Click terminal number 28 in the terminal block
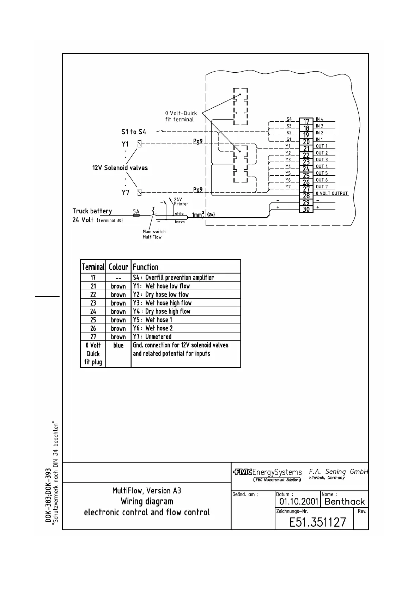(306, 196)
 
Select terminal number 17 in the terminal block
(306, 122)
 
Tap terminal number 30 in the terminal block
(306, 209)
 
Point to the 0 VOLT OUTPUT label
(331, 194)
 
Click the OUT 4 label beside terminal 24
(322, 166)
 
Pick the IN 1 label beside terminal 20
(319, 140)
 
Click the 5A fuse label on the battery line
(136, 212)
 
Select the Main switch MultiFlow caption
(154, 234)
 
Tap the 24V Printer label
(181, 202)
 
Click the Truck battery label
(92, 211)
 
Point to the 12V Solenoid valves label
(120, 168)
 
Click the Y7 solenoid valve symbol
(140, 193)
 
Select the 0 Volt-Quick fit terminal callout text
(181, 116)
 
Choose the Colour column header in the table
(118, 267)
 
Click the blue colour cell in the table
(118, 345)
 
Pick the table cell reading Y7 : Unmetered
(152, 337)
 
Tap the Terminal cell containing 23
(93, 303)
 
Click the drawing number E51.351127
(317, 522)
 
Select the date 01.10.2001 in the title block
(299, 502)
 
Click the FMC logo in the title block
(243, 472)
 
